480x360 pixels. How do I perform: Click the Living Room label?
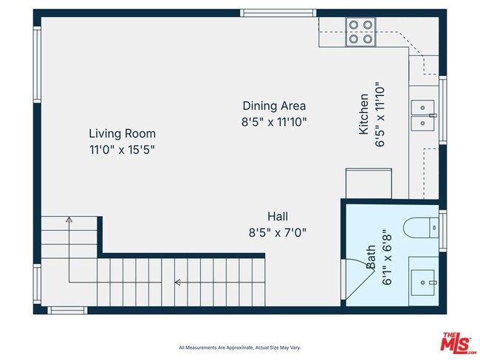coord(122,134)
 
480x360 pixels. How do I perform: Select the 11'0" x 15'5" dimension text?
coord(122,149)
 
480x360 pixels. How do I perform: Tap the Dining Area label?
coord(273,105)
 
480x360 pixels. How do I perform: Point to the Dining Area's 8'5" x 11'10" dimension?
coord(273,122)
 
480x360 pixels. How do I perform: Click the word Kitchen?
coord(363,114)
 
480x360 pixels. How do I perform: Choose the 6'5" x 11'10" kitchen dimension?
coord(380,114)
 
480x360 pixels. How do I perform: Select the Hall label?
coord(278,216)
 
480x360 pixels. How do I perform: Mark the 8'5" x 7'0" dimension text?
coord(278,232)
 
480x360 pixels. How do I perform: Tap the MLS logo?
coord(459,343)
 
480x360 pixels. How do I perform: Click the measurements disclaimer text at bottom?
coord(239,347)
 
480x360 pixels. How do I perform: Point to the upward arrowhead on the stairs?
coord(69,219)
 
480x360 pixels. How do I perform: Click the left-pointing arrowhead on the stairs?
coord(177,282)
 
